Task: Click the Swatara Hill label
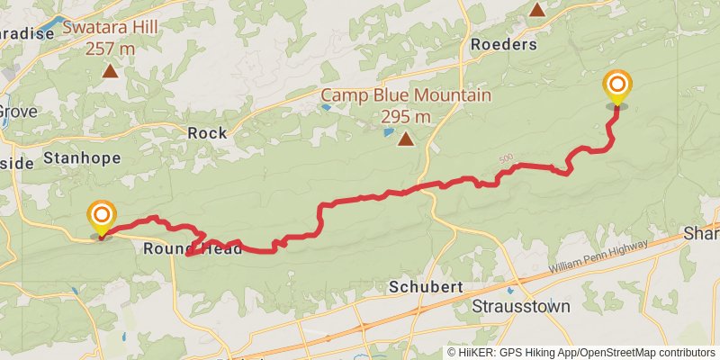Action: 111,27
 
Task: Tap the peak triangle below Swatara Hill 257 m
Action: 111,71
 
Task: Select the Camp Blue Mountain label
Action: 406,95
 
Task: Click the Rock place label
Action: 207,132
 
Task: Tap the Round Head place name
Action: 193,249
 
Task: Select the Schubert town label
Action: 426,287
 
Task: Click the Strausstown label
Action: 522,306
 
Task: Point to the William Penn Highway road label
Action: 598,257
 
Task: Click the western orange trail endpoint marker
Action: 102,216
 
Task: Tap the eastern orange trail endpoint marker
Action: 617,86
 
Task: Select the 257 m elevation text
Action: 111,48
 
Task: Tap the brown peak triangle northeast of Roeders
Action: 536,10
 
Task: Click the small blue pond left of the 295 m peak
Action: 388,132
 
